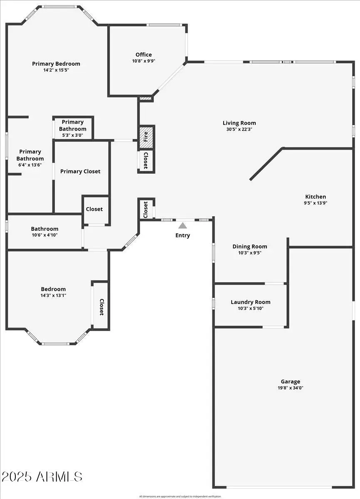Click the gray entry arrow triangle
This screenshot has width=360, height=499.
point(182,226)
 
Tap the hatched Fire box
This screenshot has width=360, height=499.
point(146,137)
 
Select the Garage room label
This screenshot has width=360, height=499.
point(290,381)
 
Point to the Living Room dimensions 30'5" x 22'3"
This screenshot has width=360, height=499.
point(239,129)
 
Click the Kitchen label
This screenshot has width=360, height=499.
point(316,197)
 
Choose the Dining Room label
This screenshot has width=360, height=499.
point(249,247)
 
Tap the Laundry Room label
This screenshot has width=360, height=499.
point(250,302)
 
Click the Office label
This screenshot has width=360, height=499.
point(143,54)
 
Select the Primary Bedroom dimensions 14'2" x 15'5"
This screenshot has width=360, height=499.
point(56,70)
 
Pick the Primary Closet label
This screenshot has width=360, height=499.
point(80,171)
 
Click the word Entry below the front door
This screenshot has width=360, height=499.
point(182,235)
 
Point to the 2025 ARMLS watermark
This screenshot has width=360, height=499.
point(42,477)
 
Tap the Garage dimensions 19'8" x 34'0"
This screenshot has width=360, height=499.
point(290,388)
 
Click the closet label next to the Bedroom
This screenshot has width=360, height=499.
point(101,307)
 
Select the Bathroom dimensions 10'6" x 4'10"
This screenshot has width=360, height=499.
point(44,235)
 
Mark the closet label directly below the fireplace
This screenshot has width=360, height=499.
point(146,160)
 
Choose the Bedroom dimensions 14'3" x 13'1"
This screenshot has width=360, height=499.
point(53,296)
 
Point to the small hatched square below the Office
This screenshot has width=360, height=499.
point(146,99)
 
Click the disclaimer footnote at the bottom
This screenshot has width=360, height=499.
point(180,496)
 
